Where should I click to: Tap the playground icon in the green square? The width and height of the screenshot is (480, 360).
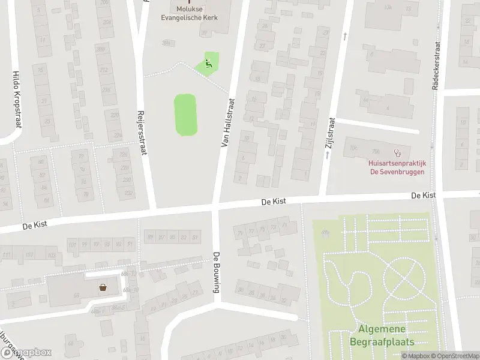point(208,63)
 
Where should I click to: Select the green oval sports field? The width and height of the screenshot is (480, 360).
point(186,115)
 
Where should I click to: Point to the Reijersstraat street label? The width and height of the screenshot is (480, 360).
point(142,133)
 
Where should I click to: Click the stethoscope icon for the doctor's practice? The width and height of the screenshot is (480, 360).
point(396,153)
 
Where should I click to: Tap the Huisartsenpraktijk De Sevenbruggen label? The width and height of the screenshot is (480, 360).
point(396,167)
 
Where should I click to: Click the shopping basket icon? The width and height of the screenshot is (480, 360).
point(103,287)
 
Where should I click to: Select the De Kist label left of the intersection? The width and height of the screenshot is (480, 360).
point(34,226)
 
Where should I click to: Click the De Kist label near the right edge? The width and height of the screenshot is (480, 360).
point(424,196)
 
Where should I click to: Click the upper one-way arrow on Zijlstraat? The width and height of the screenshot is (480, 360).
point(345,37)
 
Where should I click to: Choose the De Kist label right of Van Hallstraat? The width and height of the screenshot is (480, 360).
point(274,203)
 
